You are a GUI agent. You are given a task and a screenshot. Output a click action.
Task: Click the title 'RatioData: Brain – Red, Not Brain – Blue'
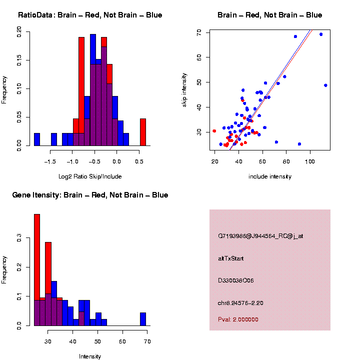point(90,15)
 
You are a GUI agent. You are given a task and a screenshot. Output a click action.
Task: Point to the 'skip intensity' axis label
point(184,90)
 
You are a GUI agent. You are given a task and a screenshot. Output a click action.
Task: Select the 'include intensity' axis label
point(270,176)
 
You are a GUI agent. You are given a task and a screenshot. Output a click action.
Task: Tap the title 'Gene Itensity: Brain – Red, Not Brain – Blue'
point(90,195)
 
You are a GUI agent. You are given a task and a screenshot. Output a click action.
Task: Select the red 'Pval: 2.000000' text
point(238,319)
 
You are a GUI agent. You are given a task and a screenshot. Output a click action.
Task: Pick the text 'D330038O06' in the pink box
point(236,280)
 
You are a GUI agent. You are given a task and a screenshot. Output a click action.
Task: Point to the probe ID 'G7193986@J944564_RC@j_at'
point(260,236)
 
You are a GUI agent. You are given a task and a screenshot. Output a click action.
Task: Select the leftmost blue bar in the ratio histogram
point(37,140)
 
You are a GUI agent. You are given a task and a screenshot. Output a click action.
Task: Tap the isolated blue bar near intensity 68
point(143,319)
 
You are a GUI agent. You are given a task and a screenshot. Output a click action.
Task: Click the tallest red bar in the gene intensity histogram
point(37,270)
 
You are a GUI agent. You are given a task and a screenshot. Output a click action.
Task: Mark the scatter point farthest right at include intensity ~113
point(326,85)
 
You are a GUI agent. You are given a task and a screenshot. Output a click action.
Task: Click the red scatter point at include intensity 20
point(214,131)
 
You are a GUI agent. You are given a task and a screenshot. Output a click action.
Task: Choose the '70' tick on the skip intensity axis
point(198,32)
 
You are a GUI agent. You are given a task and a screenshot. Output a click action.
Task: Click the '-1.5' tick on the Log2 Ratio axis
point(50,161)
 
